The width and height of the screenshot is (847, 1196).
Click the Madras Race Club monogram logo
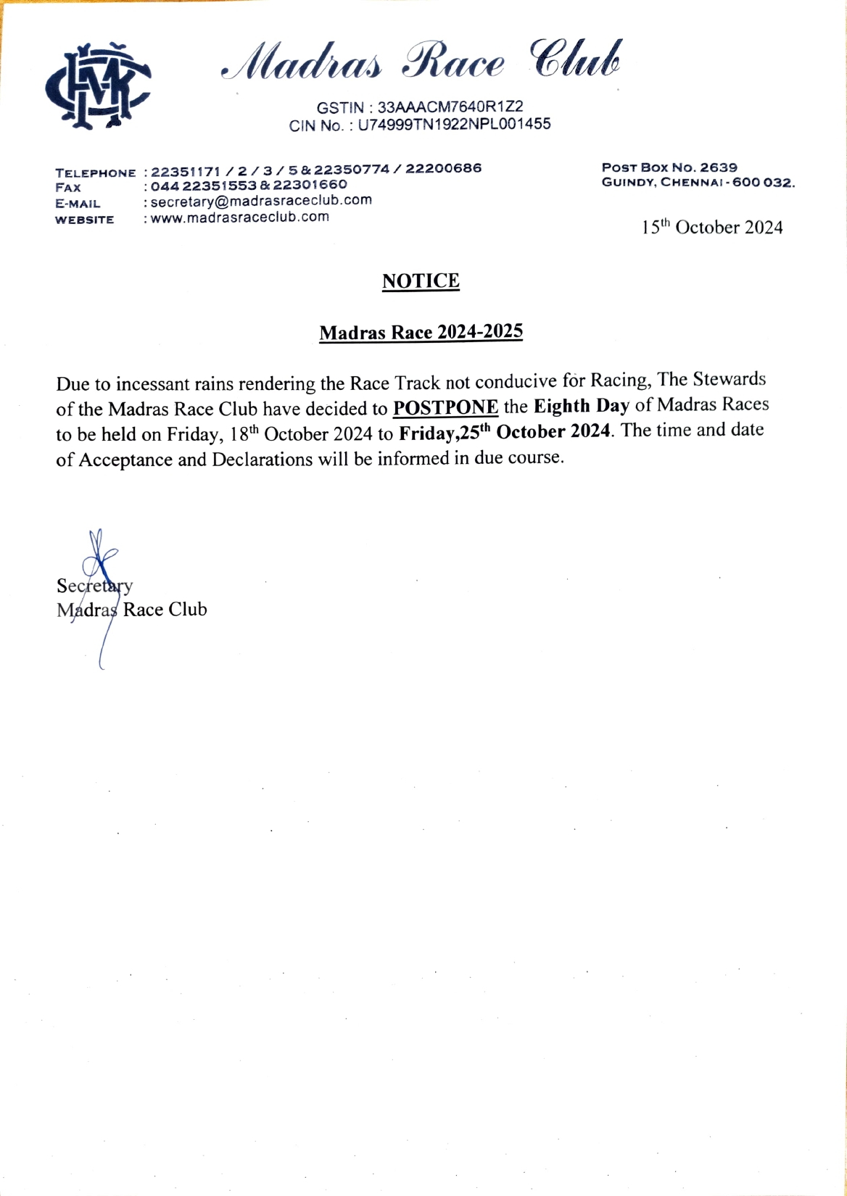point(98,86)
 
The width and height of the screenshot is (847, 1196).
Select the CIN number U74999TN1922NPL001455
point(454,124)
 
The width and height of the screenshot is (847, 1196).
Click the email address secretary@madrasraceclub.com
point(261,201)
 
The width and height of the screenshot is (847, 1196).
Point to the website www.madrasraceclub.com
point(240,217)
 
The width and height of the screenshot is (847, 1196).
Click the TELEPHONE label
point(95,173)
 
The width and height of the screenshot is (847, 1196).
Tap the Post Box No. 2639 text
point(669,167)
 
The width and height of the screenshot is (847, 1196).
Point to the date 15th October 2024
point(711,228)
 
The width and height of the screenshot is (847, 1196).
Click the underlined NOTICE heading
point(421,281)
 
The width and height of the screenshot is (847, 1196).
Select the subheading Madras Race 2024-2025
point(421,333)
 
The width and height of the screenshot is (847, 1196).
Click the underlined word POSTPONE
point(445,407)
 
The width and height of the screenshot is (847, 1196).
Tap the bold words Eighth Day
point(581,406)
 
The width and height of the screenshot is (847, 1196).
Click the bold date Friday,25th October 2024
point(504,432)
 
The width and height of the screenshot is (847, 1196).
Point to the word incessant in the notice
point(154,383)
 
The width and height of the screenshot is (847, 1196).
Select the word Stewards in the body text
point(730,380)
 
